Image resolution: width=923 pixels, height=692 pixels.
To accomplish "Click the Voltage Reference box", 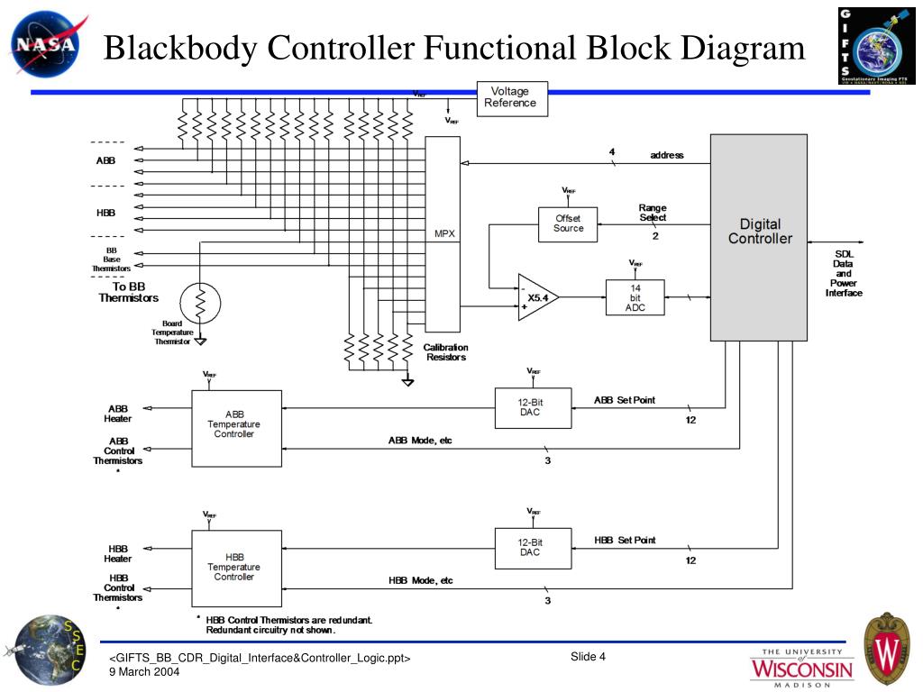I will pyautogui.click(x=511, y=97).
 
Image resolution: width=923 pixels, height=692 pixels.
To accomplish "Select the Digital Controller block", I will pyautogui.click(x=759, y=237).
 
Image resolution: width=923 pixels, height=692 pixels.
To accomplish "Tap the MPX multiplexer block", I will pyautogui.click(x=443, y=233).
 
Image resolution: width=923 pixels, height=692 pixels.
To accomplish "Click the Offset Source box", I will pyautogui.click(x=568, y=223).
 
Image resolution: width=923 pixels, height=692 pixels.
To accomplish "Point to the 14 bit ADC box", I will pyautogui.click(x=635, y=297).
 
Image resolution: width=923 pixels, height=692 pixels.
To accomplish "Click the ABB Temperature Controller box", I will pyautogui.click(x=235, y=428).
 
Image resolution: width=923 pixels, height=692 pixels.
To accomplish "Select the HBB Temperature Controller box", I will pyautogui.click(x=235, y=568).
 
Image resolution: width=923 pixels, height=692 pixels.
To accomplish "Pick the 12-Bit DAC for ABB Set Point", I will pyautogui.click(x=532, y=407).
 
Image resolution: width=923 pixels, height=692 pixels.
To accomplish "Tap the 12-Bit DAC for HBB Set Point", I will pyautogui.click(x=532, y=548).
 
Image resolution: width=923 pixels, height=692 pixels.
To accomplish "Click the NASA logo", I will pyautogui.click(x=45, y=43).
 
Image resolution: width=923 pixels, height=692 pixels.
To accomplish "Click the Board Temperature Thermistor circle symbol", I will pyautogui.click(x=200, y=304).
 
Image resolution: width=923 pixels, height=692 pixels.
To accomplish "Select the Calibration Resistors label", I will pyautogui.click(x=446, y=352).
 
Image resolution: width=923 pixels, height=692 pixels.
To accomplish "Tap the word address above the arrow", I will pyautogui.click(x=667, y=155).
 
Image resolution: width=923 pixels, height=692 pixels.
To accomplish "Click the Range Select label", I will pyautogui.click(x=653, y=213).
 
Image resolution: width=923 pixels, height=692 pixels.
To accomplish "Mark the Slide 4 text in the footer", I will pyautogui.click(x=588, y=656).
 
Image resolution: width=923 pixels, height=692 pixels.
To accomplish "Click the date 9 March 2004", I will pyautogui.click(x=144, y=672).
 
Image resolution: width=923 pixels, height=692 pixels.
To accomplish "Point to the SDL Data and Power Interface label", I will pyautogui.click(x=844, y=273).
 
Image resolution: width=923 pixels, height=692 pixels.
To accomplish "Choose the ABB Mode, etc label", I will pyautogui.click(x=420, y=441).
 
